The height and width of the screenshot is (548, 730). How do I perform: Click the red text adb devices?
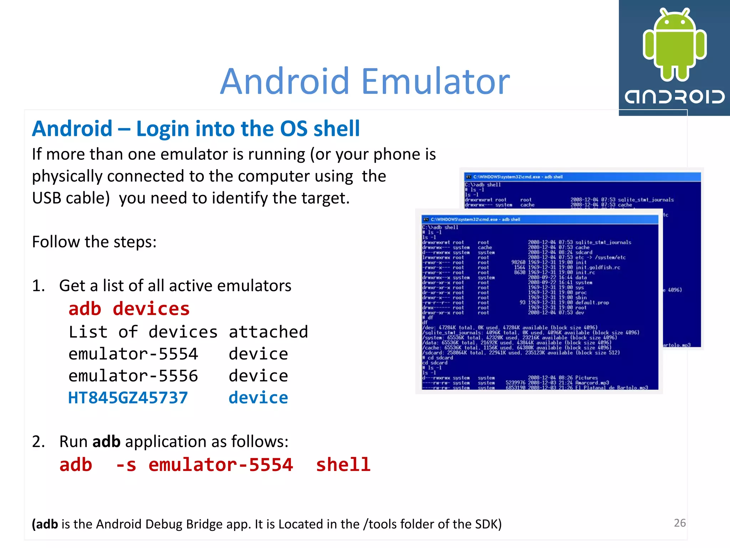[129, 309]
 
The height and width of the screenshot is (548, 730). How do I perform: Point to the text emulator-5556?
[133, 376]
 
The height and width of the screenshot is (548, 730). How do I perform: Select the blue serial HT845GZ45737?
[128, 397]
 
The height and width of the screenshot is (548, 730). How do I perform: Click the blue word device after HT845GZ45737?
[258, 397]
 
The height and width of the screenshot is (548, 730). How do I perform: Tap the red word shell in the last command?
[343, 465]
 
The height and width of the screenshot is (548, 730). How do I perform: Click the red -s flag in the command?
[126, 465]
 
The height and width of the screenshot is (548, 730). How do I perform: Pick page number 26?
[680, 523]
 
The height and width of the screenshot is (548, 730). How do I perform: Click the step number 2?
[38, 442]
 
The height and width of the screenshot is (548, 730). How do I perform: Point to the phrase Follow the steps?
[94, 242]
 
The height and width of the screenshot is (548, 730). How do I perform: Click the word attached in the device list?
[268, 332]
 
